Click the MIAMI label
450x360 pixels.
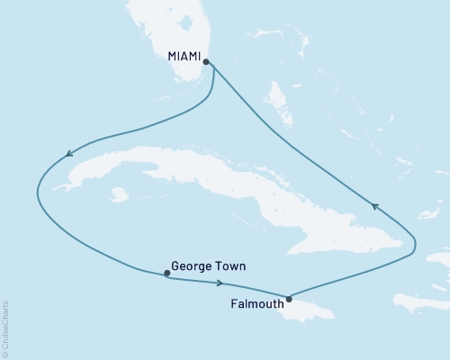pos(184,57)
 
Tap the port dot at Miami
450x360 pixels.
pos(207,62)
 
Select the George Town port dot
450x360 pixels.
pos(166,274)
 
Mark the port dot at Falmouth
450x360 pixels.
pos(289,299)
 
